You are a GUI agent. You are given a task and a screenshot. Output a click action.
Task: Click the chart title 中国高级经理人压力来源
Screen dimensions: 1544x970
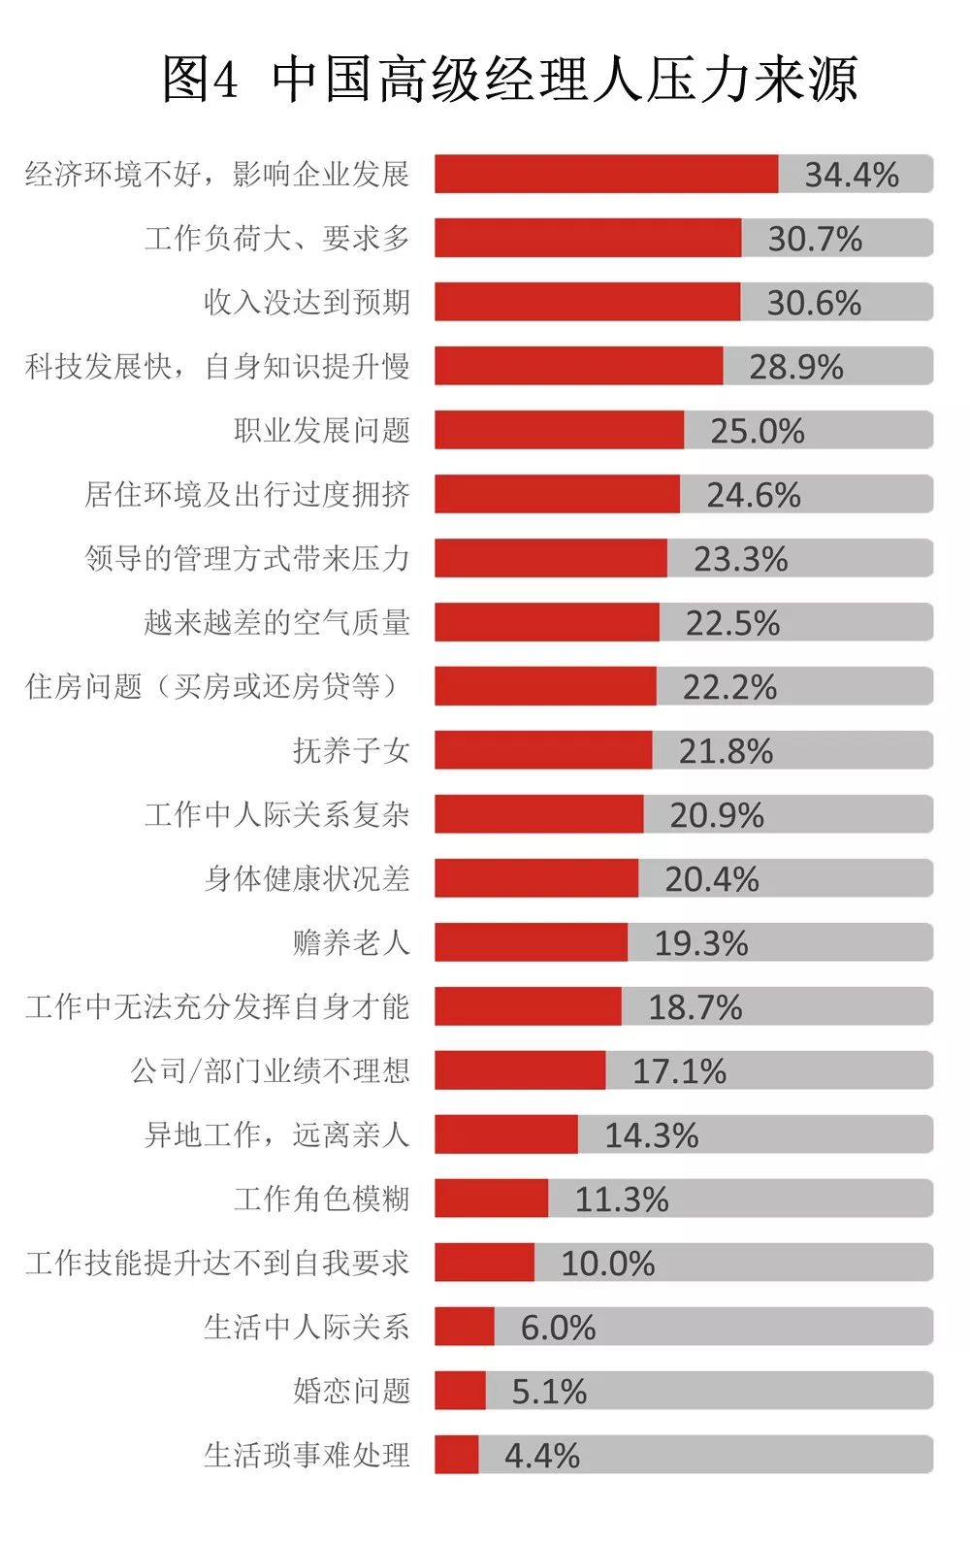[510, 80]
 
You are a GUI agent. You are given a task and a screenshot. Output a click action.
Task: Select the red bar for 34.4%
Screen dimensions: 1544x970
[606, 175]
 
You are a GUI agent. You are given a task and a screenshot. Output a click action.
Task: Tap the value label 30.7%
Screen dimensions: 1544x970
[815, 239]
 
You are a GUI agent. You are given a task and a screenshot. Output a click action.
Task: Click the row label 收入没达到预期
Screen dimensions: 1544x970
[307, 303]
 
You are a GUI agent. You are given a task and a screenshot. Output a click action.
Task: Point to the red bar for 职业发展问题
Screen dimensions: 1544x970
[559, 431]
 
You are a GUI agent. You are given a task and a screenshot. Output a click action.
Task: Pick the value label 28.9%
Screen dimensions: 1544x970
[795, 367]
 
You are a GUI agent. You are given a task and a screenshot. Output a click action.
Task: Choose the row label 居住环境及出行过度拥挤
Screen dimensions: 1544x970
[247, 495]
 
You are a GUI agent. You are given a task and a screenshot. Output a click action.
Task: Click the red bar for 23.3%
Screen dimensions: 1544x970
[550, 559]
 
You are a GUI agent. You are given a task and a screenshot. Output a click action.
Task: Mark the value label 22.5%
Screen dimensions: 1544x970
[732, 623]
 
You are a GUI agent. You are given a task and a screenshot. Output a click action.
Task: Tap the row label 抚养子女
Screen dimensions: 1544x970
[351, 751]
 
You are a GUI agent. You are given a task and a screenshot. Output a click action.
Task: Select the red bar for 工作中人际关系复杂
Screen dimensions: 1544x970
[538, 815]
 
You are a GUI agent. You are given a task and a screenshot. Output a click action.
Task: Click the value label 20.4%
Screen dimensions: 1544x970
[711, 879]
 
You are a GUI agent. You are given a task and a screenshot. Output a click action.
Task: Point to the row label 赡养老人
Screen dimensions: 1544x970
[351, 943]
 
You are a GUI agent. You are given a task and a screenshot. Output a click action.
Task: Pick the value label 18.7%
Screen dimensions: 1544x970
[695, 1007]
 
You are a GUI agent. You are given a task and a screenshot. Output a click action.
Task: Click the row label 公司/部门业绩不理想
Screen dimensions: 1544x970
[271, 1071]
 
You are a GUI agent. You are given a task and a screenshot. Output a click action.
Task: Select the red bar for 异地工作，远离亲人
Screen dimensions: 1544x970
[505, 1135]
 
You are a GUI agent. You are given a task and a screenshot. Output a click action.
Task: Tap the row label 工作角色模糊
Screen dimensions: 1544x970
[322, 1199]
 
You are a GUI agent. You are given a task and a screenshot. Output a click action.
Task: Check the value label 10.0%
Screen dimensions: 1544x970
[607, 1264]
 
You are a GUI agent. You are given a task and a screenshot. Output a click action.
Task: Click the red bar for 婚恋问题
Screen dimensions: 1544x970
[460, 1392]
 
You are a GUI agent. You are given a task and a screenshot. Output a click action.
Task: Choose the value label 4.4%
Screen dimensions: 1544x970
[541, 1456]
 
